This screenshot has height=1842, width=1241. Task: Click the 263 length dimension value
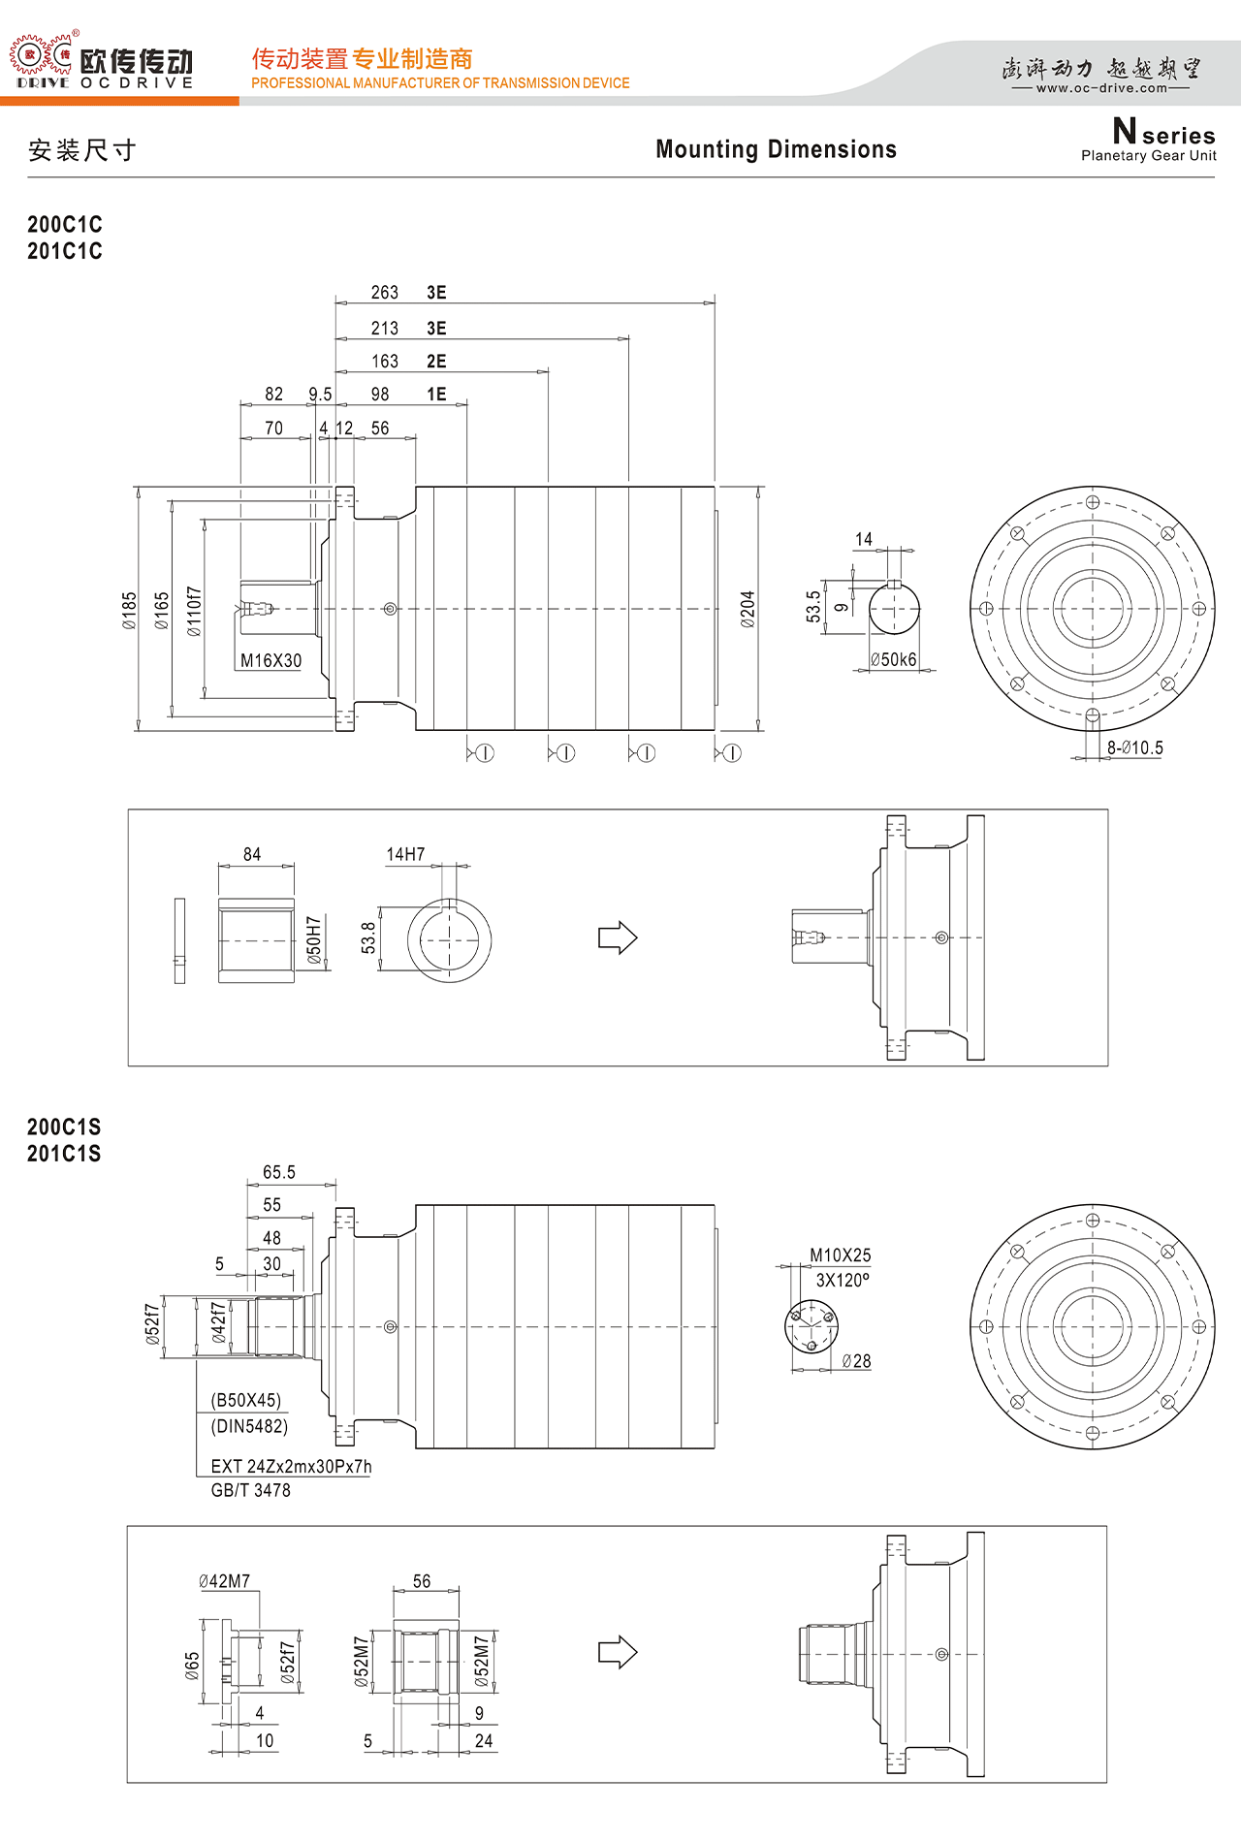(385, 293)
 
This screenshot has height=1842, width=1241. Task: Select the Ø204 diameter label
(748, 610)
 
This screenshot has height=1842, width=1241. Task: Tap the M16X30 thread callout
(271, 661)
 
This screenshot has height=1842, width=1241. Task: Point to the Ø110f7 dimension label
(195, 611)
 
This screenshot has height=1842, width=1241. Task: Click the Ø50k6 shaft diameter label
(894, 660)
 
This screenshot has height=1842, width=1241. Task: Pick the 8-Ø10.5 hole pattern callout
(1135, 748)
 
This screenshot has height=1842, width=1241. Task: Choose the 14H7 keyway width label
(406, 854)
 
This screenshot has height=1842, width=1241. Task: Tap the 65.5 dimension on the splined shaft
(279, 1172)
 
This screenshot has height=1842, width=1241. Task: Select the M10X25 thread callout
(841, 1255)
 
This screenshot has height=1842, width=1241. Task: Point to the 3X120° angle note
(843, 1280)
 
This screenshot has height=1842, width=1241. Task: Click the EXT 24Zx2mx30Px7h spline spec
(291, 1467)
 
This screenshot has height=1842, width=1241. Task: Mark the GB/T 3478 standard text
(250, 1491)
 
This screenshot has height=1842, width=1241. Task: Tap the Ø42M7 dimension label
(225, 1581)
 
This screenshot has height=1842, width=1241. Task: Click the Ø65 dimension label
(192, 1667)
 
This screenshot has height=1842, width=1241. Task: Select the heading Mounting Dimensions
(777, 149)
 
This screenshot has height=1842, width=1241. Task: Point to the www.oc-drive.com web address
(1102, 88)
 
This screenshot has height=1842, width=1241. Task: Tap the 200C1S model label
(64, 1127)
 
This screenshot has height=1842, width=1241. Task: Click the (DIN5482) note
(249, 1426)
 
